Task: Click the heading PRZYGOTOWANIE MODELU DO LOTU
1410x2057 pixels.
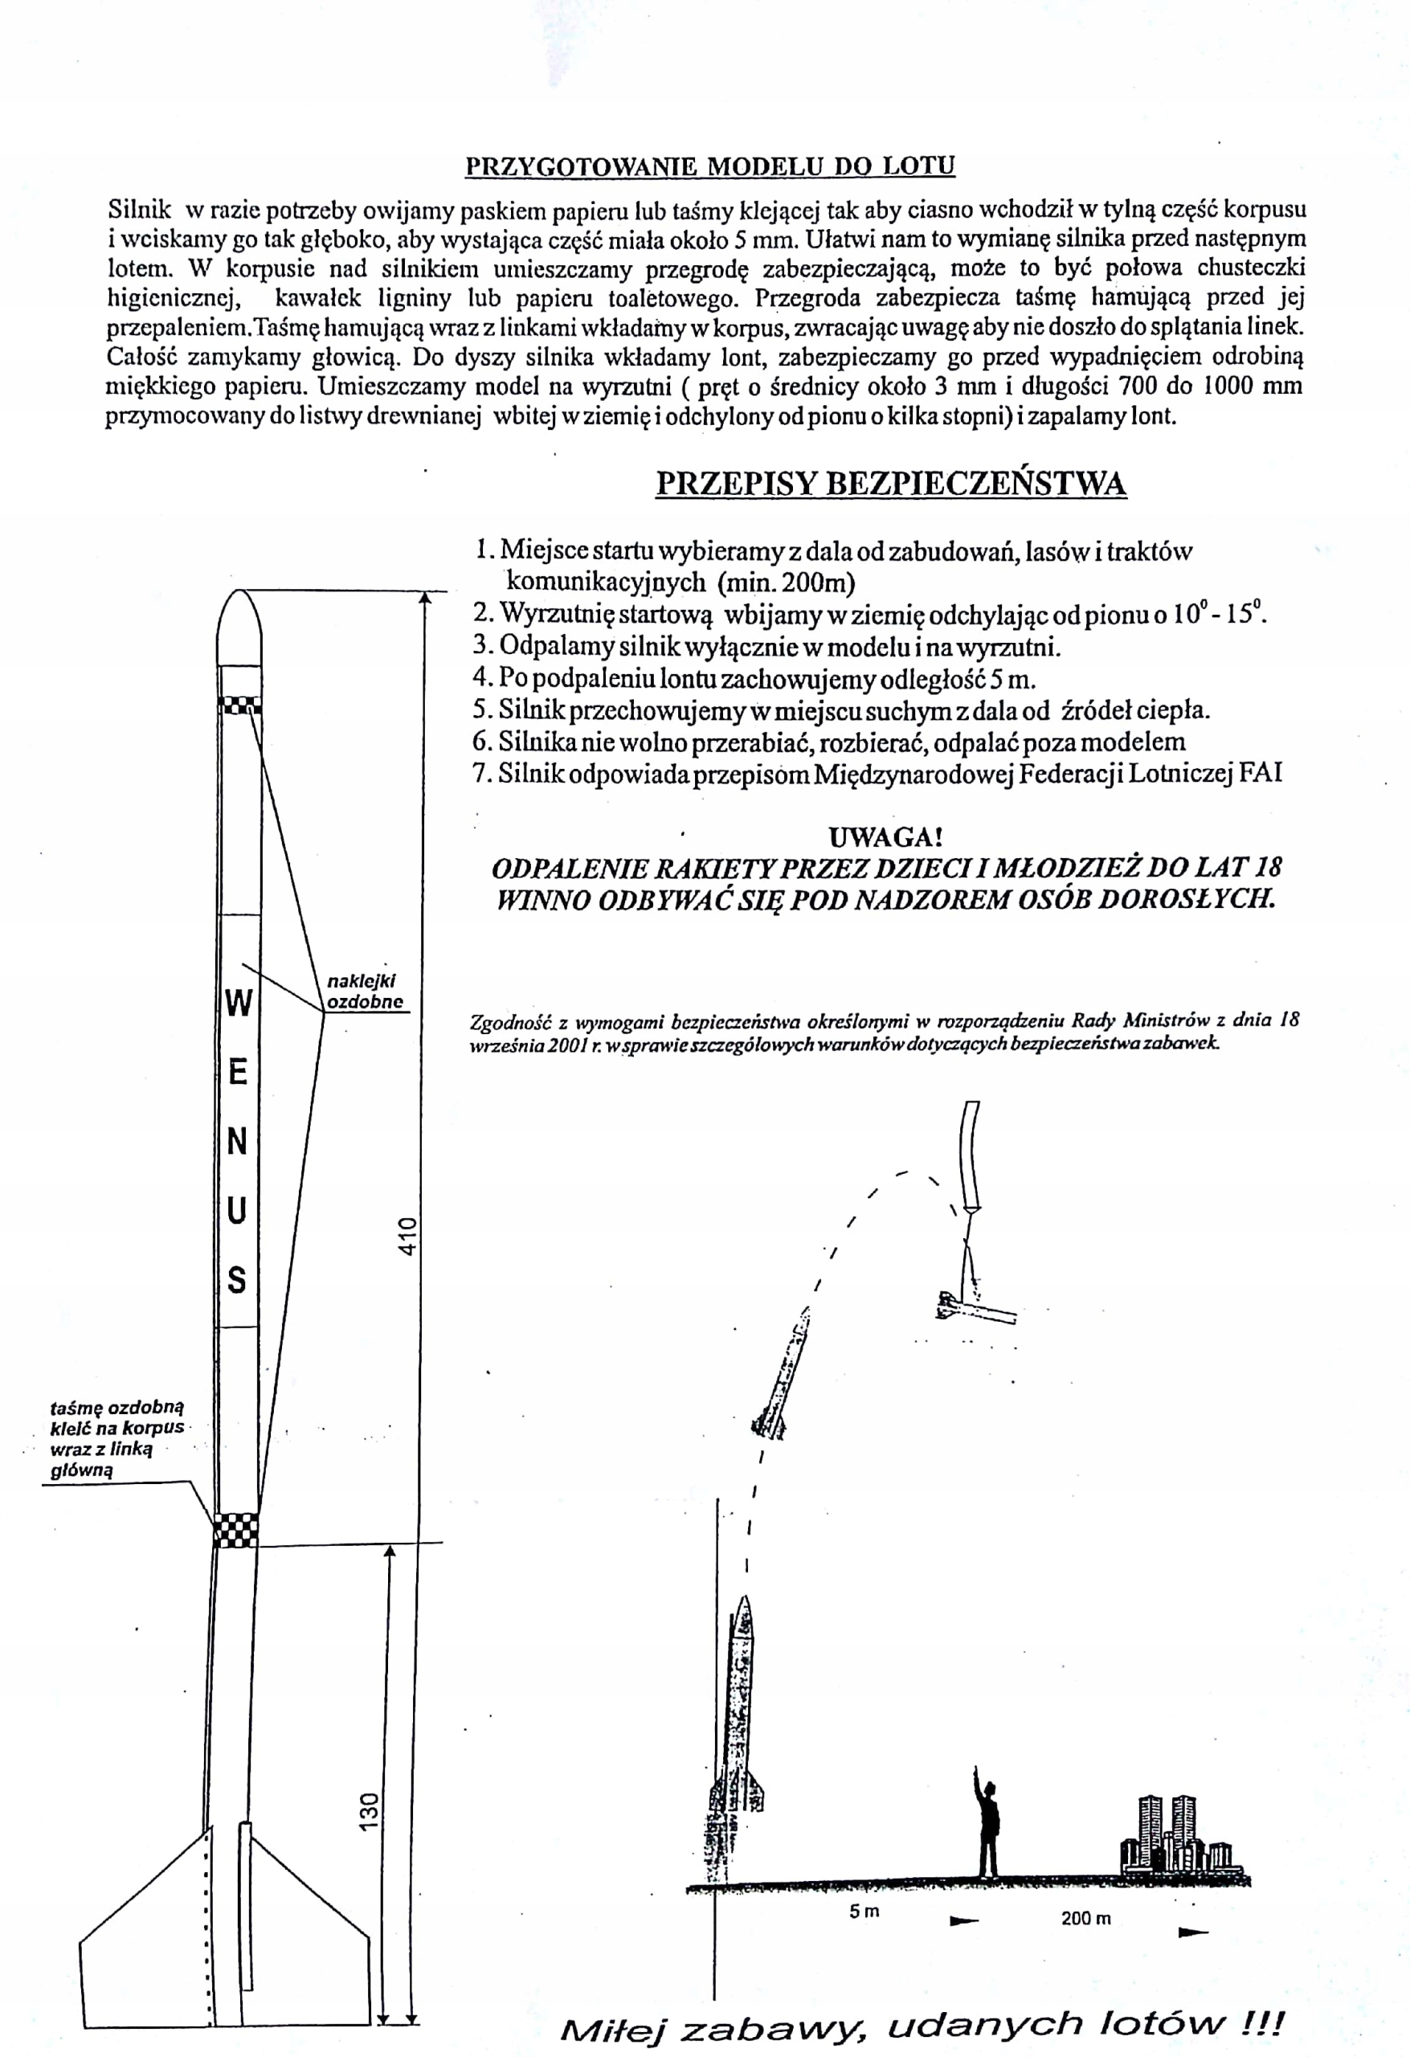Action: [710, 166]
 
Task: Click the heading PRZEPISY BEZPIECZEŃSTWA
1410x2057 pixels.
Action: [890, 483]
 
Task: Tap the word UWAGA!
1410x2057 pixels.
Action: [885, 836]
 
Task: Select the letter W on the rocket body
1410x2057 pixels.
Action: [238, 1003]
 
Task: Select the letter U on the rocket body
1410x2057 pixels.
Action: [236, 1211]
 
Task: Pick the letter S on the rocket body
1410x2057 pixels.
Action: [236, 1280]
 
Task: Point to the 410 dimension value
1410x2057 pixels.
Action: [407, 1236]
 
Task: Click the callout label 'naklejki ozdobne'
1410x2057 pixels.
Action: [364, 992]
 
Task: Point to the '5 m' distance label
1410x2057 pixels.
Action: [864, 1911]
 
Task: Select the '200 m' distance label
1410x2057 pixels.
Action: [1085, 1918]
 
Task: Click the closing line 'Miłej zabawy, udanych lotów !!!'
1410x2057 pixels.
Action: [921, 2025]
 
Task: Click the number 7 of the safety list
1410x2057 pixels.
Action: [481, 774]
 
